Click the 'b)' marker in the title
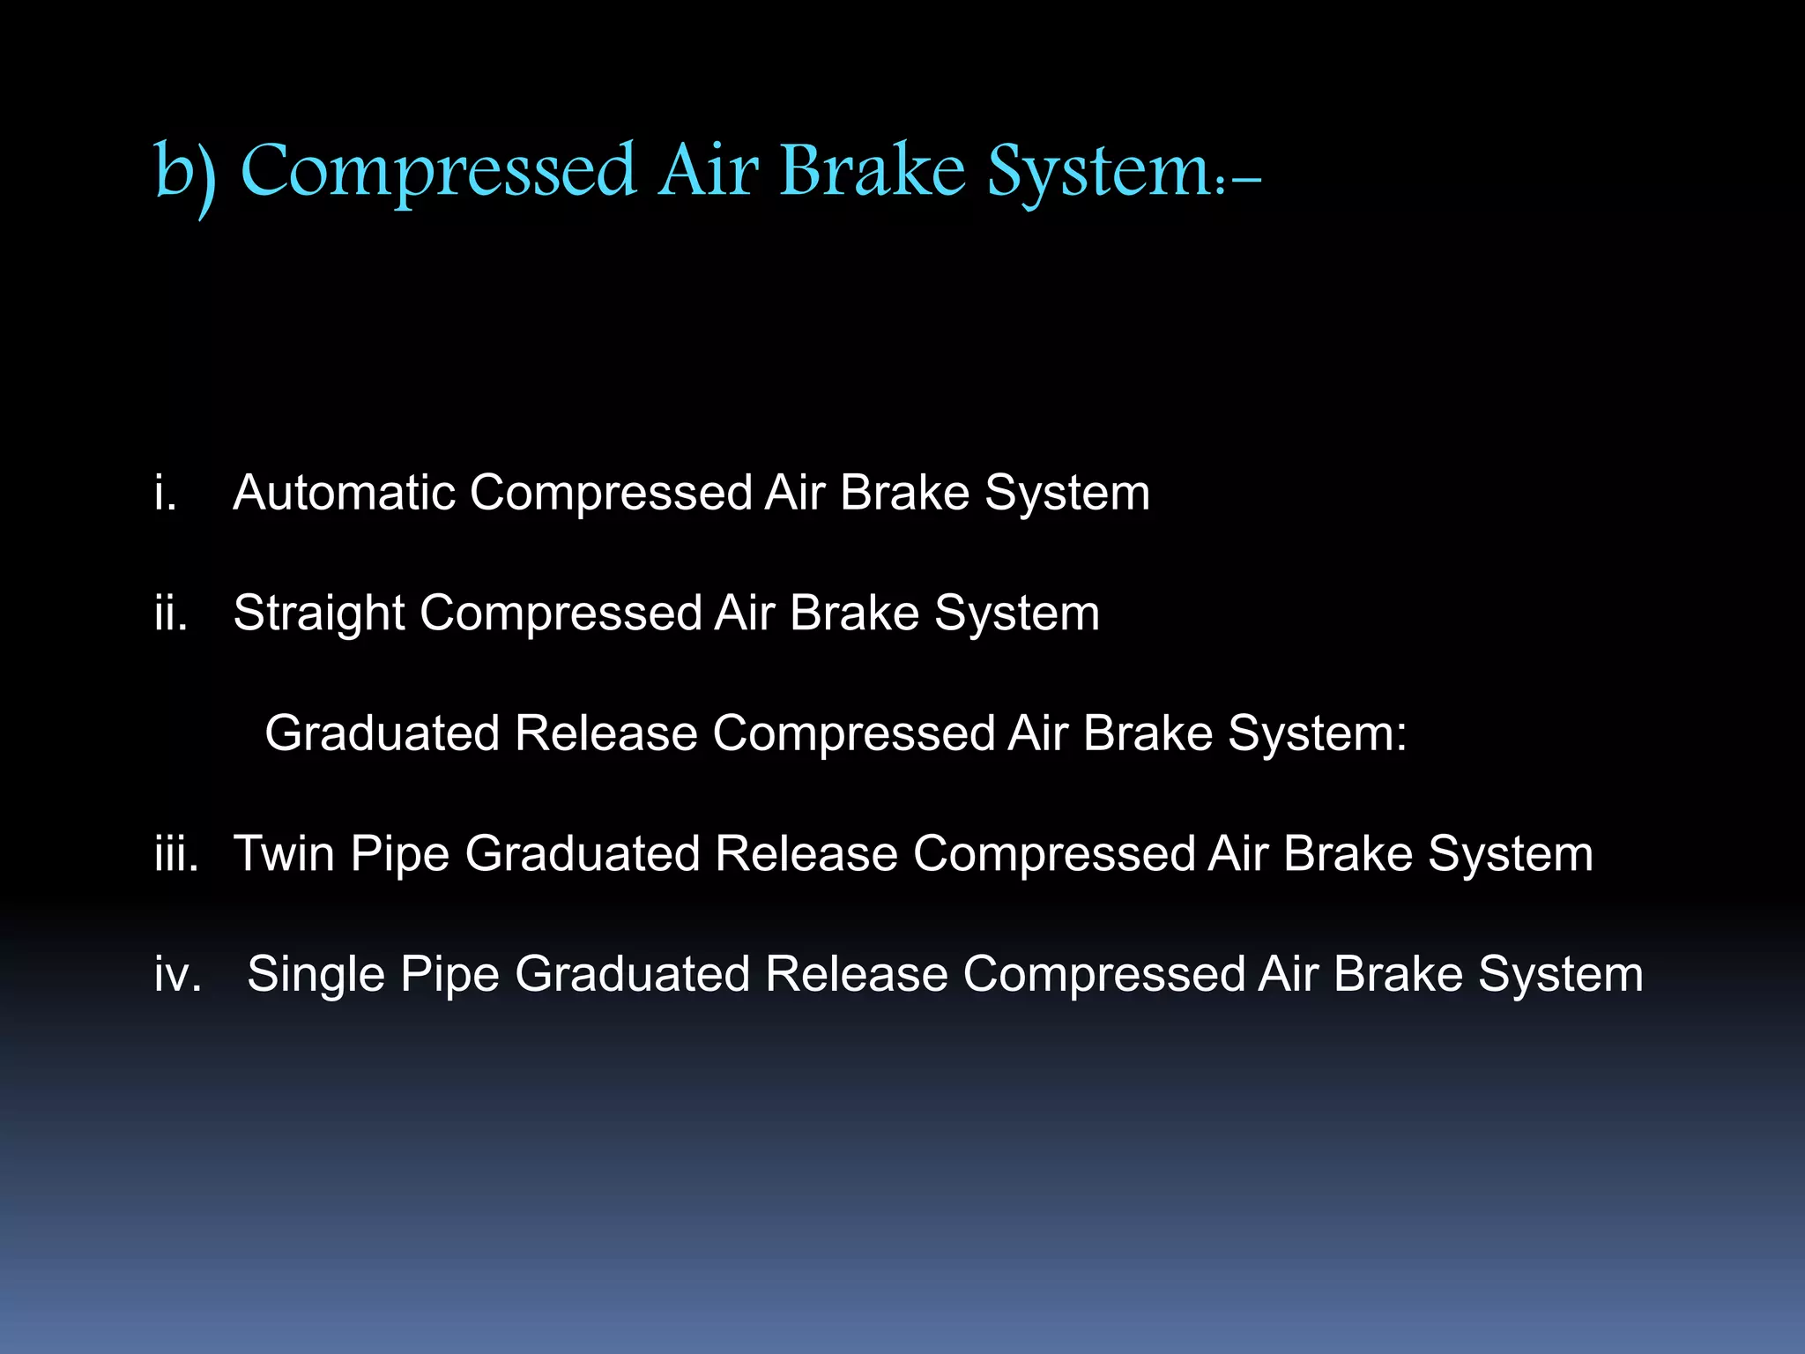point(185,172)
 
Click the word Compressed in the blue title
point(437,172)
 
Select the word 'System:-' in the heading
point(1124,172)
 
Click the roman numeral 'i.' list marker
point(166,492)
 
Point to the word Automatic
point(344,492)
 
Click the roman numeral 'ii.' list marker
point(171,613)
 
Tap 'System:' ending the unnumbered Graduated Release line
point(1317,733)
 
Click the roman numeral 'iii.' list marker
point(176,853)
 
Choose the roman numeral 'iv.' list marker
point(178,974)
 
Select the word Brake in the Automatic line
point(904,492)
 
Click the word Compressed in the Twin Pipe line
point(1053,853)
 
